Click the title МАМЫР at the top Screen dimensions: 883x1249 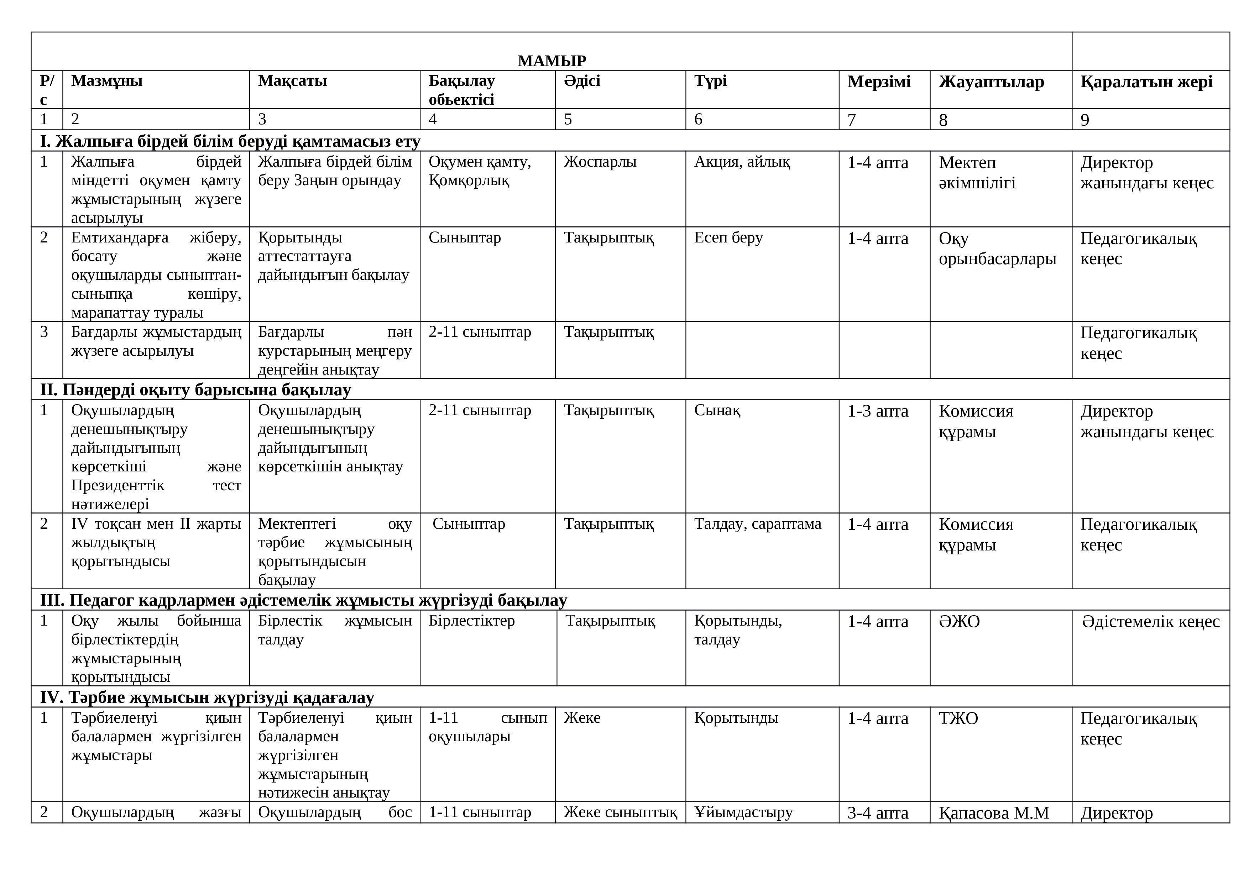[x=551, y=61]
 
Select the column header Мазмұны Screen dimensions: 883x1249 [x=106, y=81]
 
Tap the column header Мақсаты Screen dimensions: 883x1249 [x=292, y=81]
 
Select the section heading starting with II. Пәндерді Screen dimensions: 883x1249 [x=195, y=390]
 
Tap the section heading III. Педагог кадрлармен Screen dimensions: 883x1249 [x=303, y=600]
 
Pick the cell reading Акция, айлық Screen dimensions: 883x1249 [x=742, y=162]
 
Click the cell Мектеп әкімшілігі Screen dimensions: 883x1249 [x=977, y=172]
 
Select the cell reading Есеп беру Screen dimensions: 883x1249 [x=728, y=238]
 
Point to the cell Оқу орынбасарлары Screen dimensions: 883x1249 [x=997, y=249]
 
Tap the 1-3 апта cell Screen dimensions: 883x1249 [x=877, y=411]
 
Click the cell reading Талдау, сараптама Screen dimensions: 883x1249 [x=757, y=524]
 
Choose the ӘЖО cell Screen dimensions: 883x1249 [x=959, y=621]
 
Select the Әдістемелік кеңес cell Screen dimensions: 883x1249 [x=1150, y=621]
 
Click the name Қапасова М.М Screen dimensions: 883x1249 [x=993, y=813]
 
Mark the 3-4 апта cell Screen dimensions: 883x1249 [x=877, y=813]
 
